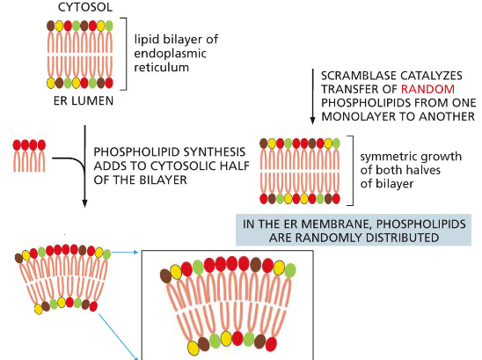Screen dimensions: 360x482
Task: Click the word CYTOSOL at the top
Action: click(81, 7)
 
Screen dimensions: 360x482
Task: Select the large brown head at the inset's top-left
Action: click(167, 275)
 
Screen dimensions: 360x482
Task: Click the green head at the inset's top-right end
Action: click(290, 268)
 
